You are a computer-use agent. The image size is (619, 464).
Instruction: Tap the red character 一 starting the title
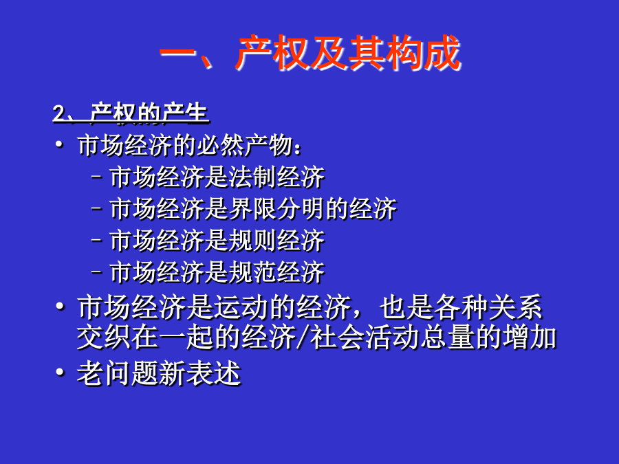point(177,53)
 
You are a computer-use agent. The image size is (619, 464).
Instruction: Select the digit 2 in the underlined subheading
point(59,113)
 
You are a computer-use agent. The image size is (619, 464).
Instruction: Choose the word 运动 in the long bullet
point(241,307)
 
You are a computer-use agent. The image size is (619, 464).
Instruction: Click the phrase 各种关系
point(488,307)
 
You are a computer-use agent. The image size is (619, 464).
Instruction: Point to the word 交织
point(105,338)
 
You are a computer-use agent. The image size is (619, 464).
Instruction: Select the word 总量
point(447,338)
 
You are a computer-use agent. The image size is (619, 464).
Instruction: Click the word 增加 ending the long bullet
point(529,338)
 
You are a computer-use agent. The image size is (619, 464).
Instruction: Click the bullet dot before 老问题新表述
point(60,372)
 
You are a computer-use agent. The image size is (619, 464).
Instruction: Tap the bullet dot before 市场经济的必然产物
point(59,145)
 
